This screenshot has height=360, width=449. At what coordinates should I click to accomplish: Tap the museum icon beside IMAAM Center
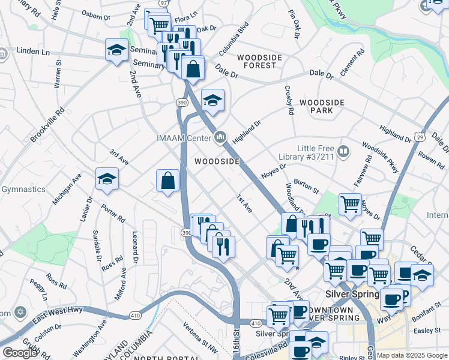point(221,138)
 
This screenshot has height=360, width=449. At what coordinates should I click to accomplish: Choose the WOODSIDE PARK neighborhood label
point(322,107)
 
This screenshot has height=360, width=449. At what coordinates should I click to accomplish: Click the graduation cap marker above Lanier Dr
point(107,179)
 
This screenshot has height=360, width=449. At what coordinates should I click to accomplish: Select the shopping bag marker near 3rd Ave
point(168,181)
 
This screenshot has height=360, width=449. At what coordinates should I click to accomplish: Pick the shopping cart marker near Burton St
point(350,203)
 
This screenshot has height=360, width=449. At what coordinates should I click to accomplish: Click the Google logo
point(20,353)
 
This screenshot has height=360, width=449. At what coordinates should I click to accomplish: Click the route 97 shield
point(164,3)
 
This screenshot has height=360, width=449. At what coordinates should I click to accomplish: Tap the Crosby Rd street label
point(289,100)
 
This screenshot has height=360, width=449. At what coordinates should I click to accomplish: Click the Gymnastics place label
point(23,190)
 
